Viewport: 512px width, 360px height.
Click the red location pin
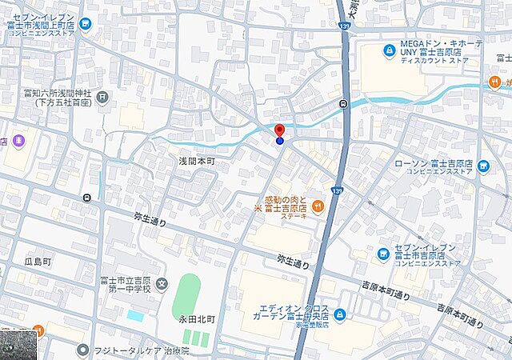[x=279, y=130]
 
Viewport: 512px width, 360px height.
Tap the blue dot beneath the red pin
[x=279, y=141]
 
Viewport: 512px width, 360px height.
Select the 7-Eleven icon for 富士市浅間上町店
[x=86, y=24]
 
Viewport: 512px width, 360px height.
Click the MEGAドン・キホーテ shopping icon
[x=389, y=51]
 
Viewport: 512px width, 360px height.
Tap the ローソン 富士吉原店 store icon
[x=482, y=165]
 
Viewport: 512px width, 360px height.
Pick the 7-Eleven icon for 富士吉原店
[x=384, y=254]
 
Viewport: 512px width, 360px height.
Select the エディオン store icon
[x=340, y=314]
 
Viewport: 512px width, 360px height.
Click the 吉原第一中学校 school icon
[x=162, y=283]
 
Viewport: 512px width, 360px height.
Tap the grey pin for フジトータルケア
[x=82, y=350]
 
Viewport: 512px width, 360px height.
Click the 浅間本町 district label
[x=197, y=160]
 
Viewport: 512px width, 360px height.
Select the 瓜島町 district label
[x=37, y=262]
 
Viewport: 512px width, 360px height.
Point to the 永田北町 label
[x=197, y=318]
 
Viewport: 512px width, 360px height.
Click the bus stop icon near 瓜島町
[x=86, y=198]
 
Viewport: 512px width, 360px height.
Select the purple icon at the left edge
[x=18, y=142]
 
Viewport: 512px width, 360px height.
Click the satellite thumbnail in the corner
[x=18, y=344]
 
